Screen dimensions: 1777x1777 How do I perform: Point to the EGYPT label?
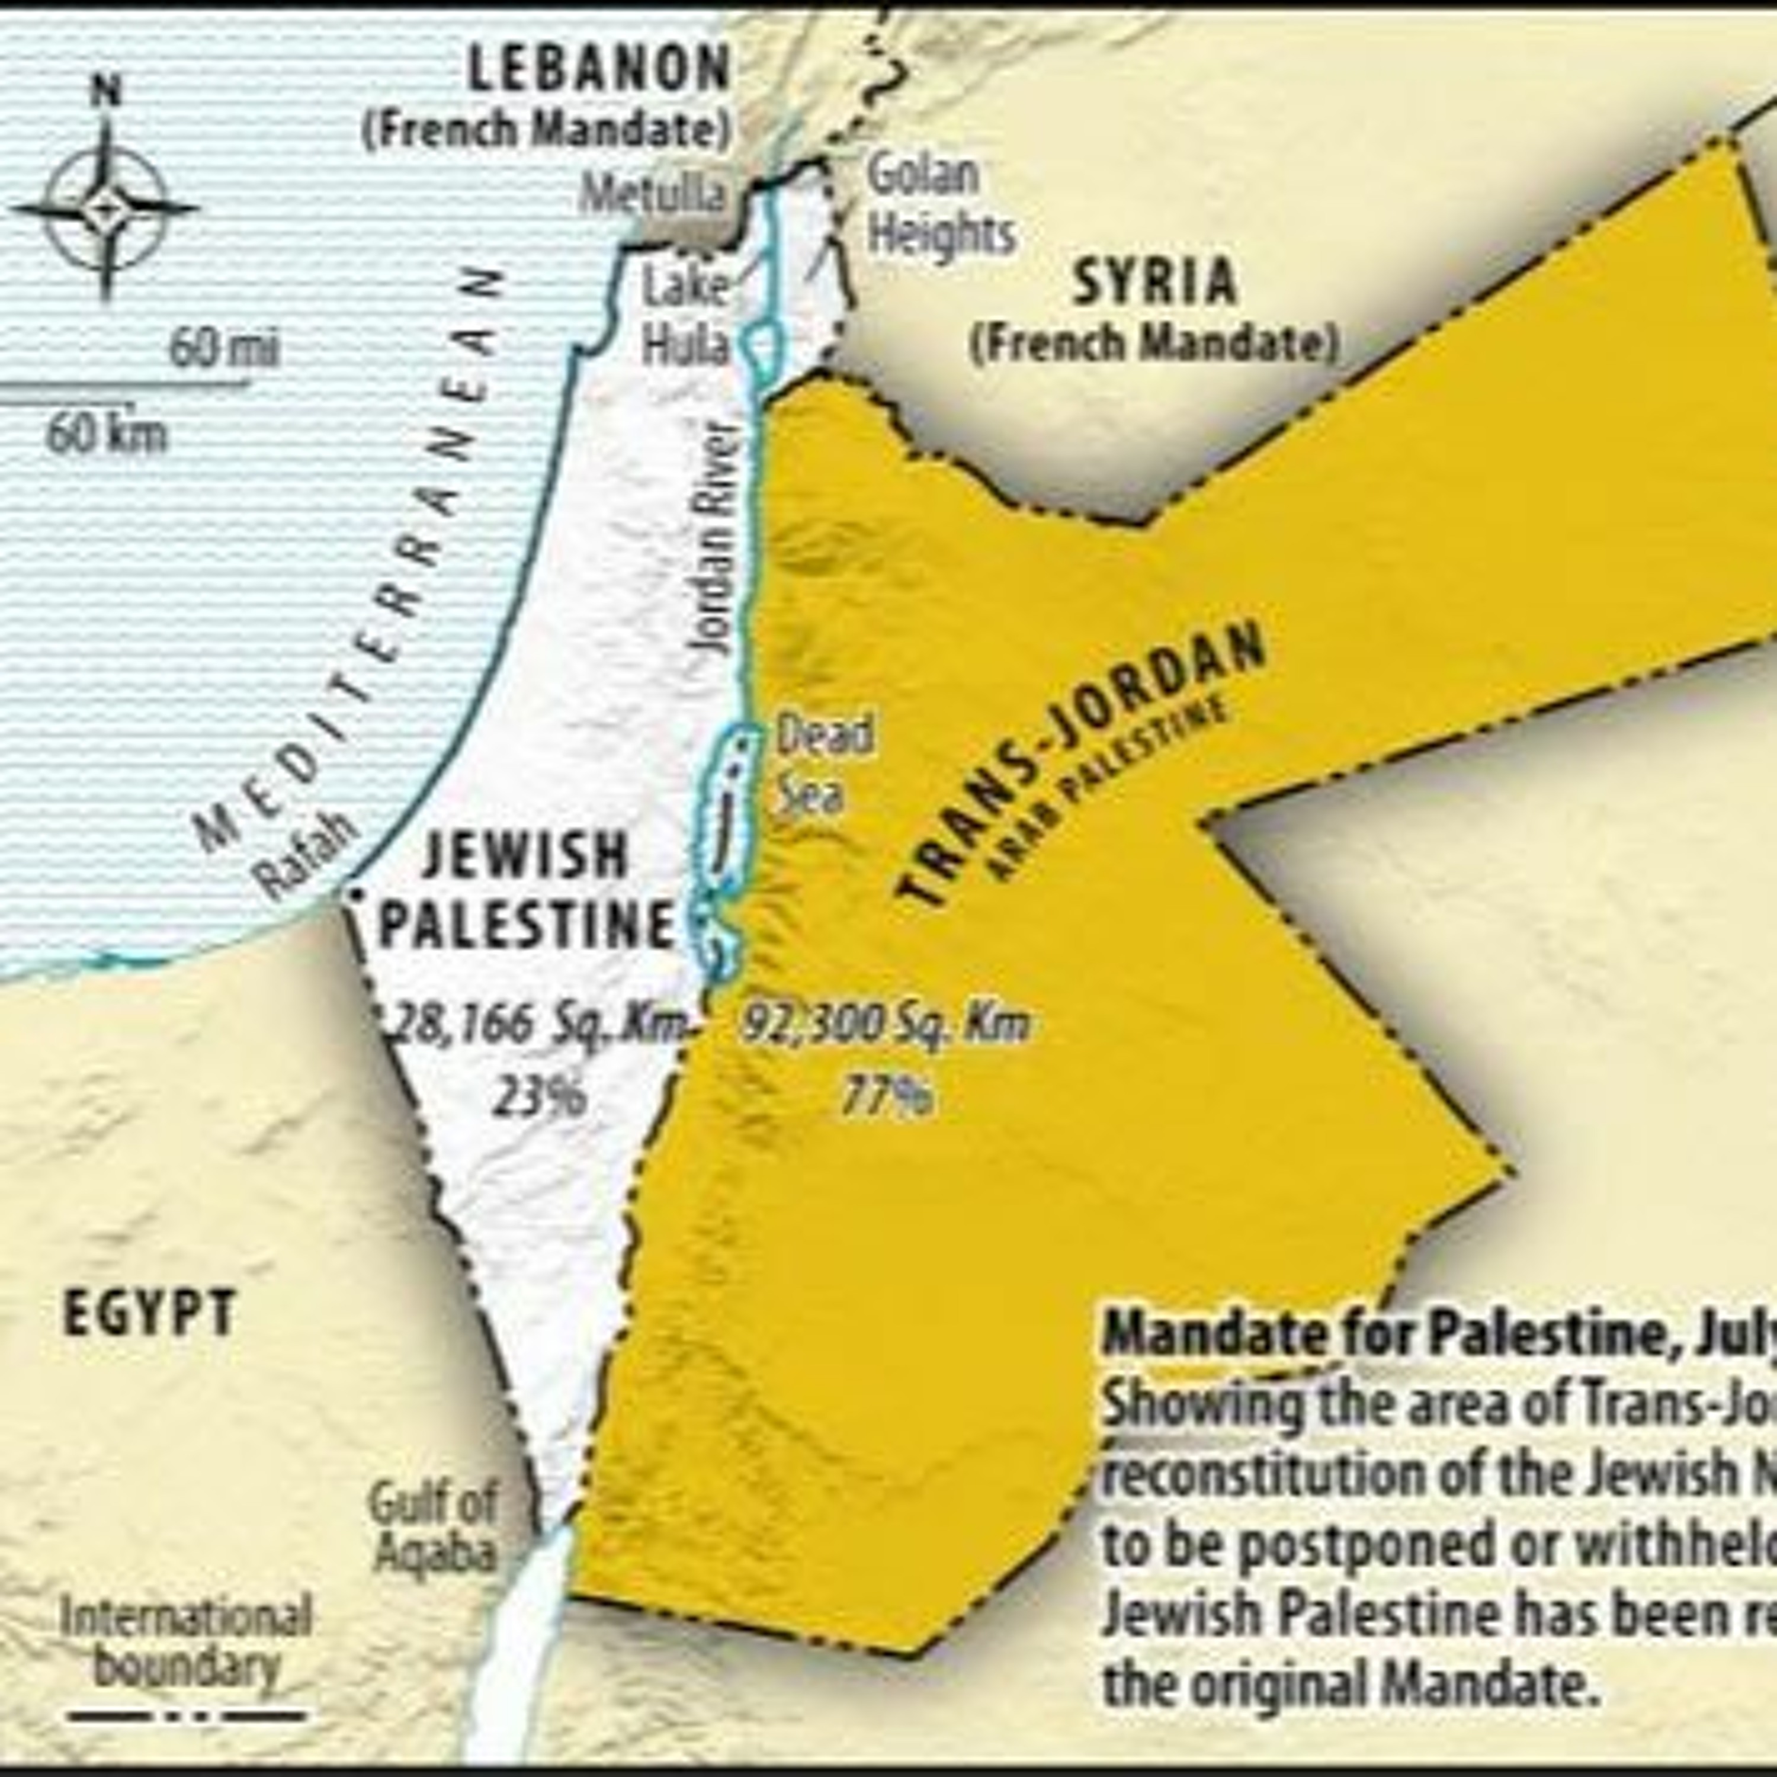click(150, 1313)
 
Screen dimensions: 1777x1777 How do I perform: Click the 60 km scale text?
click(107, 433)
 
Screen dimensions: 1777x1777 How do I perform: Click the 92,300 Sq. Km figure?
click(886, 1023)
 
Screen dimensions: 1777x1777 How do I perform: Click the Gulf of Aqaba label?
click(433, 1527)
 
